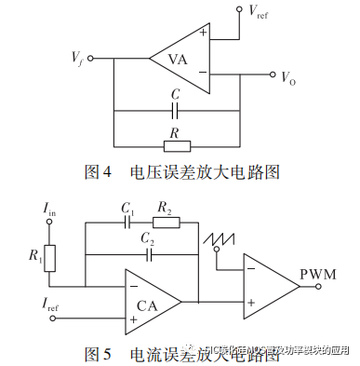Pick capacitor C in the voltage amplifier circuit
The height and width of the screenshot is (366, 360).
pyautogui.click(x=174, y=111)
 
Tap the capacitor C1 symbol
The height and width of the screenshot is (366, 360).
pyautogui.click(x=127, y=224)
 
